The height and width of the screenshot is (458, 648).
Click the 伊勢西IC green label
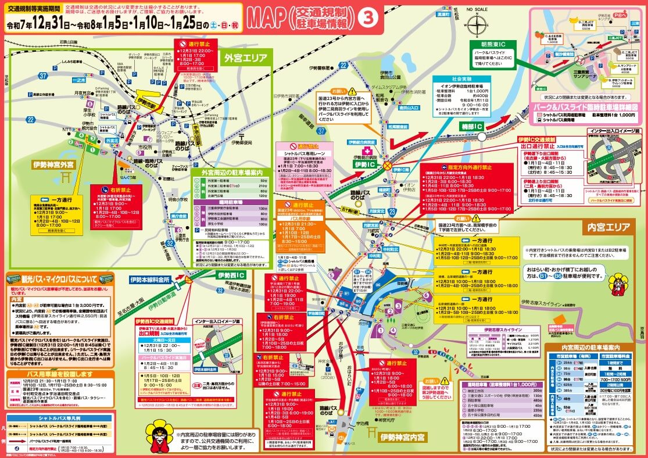(x=231, y=274)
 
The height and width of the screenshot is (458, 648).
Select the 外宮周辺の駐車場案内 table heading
(x=232, y=173)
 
